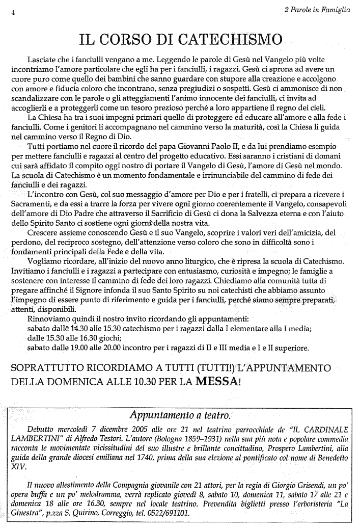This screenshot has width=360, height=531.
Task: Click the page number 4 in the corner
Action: tap(13, 14)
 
